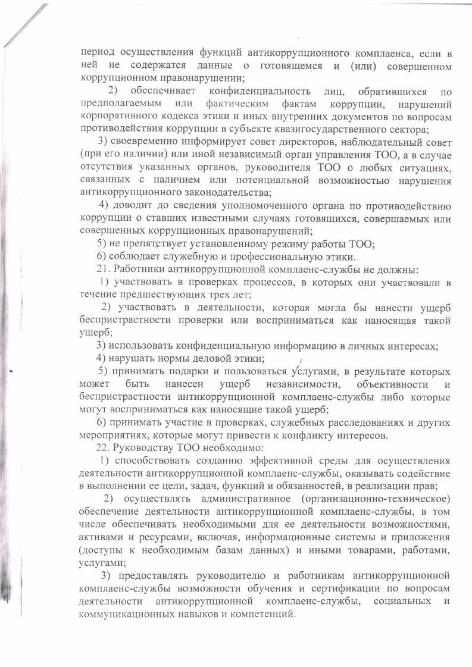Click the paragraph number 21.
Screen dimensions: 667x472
(102, 269)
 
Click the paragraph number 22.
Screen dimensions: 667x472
(102, 448)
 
